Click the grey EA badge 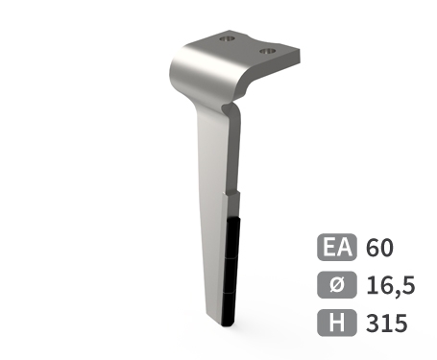[337, 249]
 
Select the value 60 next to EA [380, 249]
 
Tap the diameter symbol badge [337, 285]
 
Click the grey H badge [337, 322]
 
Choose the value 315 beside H [387, 322]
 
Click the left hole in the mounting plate [228, 39]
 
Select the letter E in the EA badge [329, 249]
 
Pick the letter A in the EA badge [345, 249]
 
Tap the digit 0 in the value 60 [388, 249]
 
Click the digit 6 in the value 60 [374, 249]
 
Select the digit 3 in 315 [374, 322]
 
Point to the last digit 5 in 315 [401, 322]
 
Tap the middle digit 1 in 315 [386, 322]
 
